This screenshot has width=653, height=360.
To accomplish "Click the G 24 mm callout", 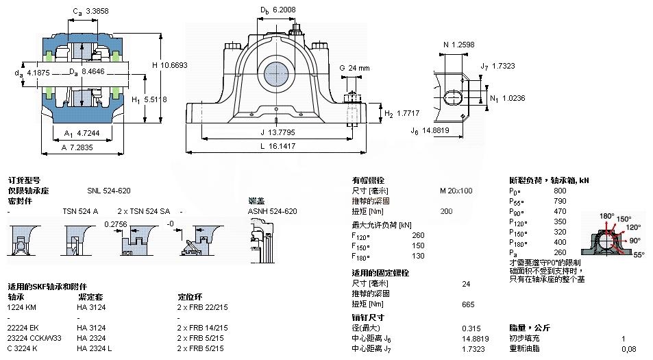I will [x=354, y=68].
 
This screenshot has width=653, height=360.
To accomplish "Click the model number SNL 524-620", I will [x=108, y=190].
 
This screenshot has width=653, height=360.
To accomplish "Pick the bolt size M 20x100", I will [x=456, y=190].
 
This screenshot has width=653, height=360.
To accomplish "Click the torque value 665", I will [x=468, y=304].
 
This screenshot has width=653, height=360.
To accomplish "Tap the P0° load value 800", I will [x=560, y=190].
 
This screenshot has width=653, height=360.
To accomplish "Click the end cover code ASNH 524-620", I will [x=272, y=211].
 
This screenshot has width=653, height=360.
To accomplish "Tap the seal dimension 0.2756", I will [x=116, y=224].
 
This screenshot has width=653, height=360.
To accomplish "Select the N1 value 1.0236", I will [x=513, y=98].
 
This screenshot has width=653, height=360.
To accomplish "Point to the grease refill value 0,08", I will [x=628, y=349].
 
